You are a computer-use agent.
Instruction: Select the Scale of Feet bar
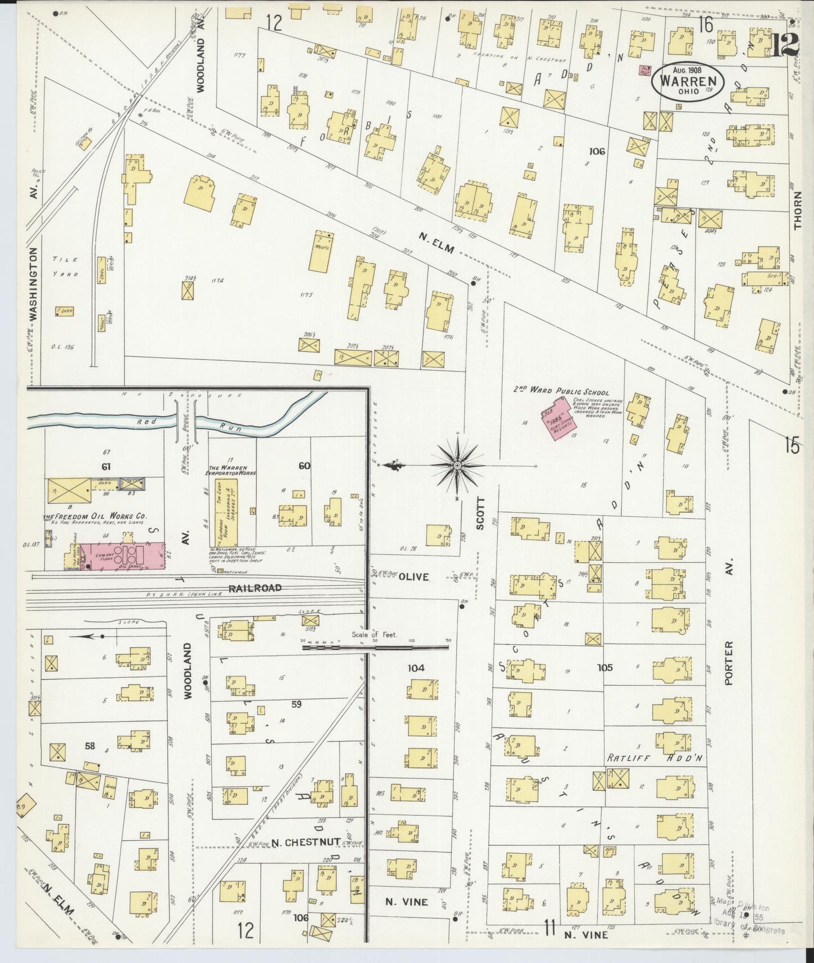375,647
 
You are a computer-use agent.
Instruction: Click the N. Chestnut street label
305,842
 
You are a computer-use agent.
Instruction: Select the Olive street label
414,577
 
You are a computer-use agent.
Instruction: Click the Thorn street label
798,209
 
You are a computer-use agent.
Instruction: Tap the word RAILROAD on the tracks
255,588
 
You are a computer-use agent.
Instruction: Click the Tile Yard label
65,266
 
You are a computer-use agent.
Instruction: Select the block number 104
416,668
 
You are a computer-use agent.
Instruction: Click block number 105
604,668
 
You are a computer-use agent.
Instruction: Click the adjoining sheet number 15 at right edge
791,446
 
